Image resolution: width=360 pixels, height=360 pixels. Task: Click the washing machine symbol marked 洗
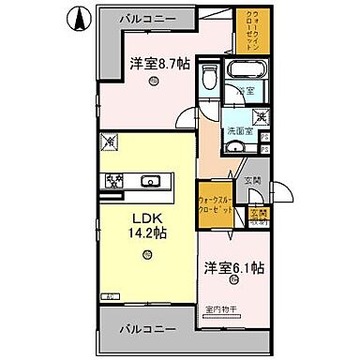click(x=262, y=117)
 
